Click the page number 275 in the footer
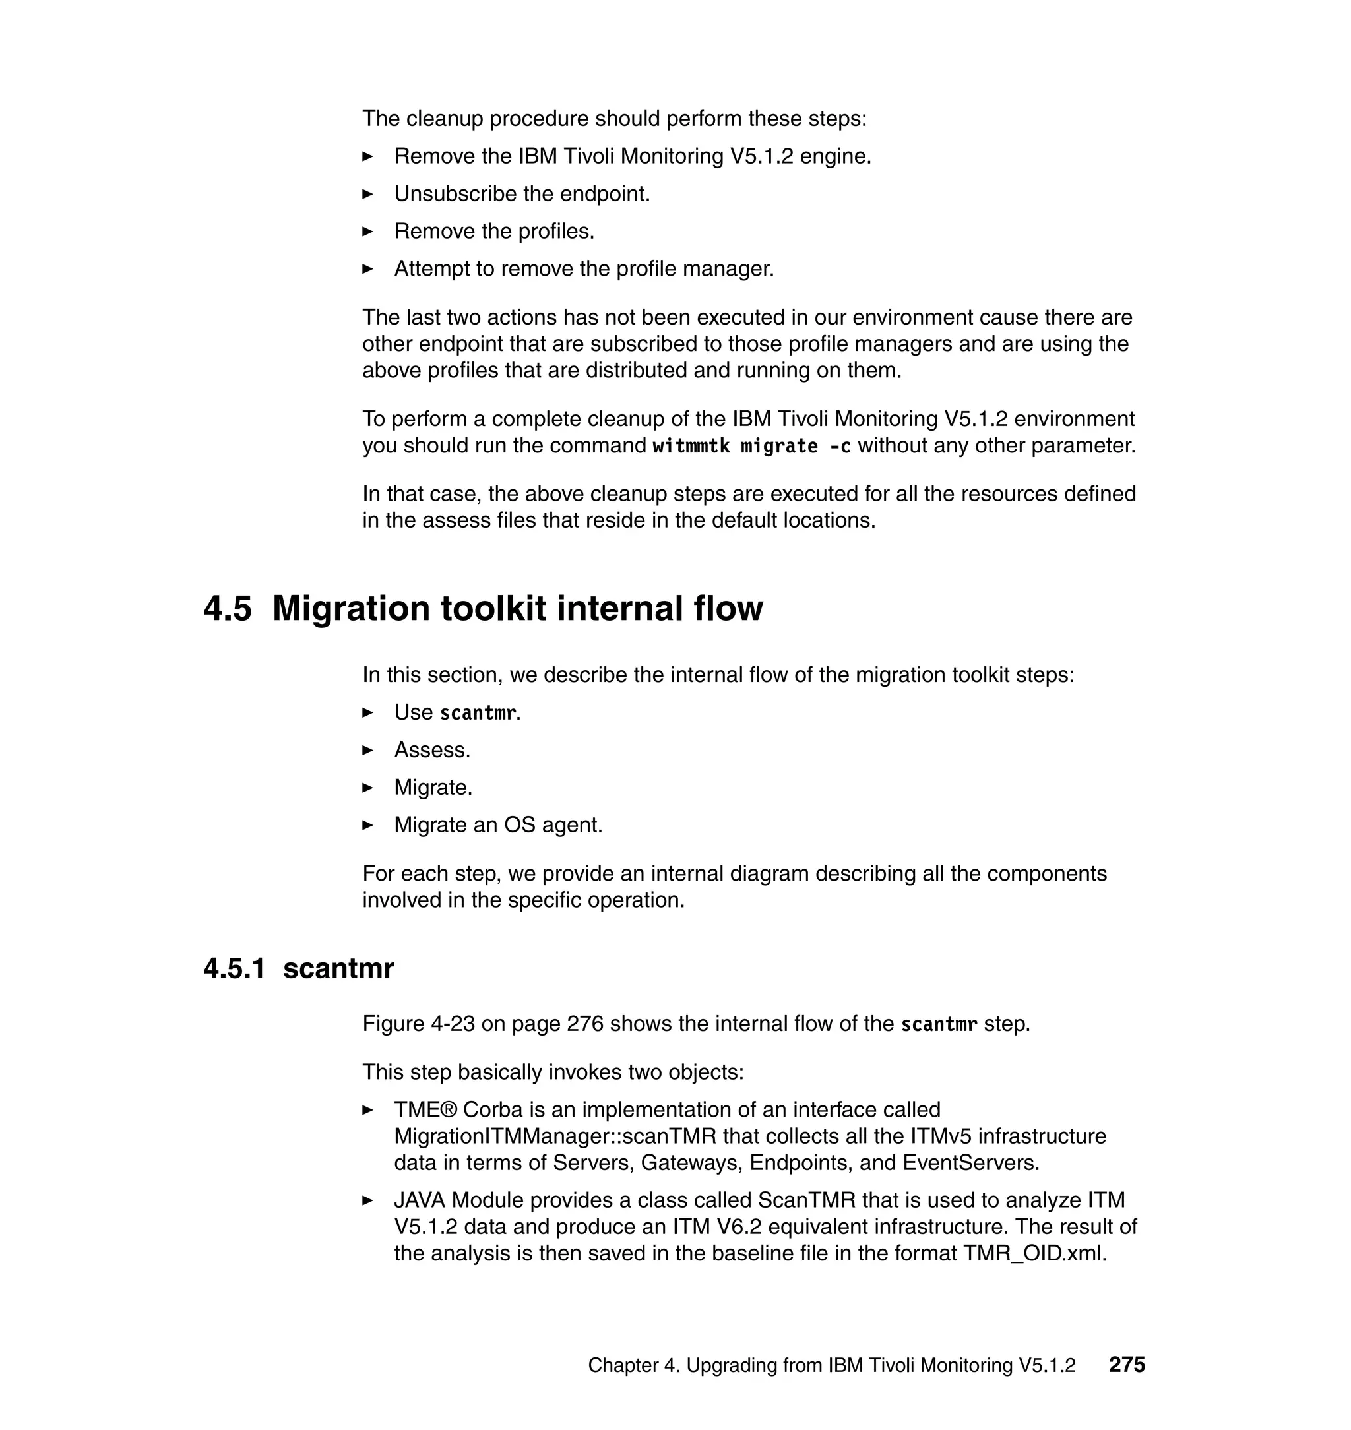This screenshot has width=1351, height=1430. (x=1126, y=1365)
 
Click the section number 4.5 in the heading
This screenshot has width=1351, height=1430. (x=228, y=608)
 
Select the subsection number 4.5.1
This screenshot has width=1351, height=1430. (x=234, y=968)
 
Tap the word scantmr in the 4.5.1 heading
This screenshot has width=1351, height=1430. (x=338, y=968)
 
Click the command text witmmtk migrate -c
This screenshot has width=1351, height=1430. (x=751, y=446)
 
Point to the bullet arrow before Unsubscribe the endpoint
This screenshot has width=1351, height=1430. (x=367, y=194)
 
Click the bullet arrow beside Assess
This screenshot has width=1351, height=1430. (x=367, y=750)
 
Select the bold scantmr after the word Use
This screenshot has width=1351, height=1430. (x=478, y=713)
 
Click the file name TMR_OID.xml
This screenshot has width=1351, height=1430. (x=1034, y=1253)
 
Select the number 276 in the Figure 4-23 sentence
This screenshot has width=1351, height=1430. (x=584, y=1024)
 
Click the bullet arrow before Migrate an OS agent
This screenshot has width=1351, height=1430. (x=367, y=825)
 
